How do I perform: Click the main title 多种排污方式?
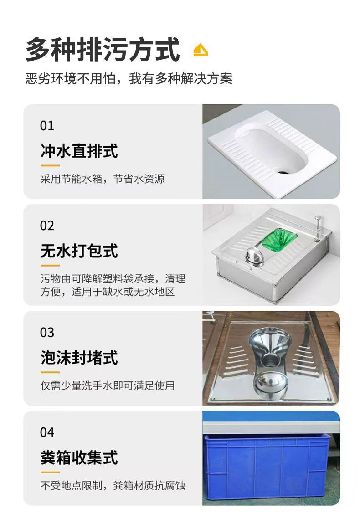point(103,50)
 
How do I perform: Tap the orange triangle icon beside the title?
point(201,50)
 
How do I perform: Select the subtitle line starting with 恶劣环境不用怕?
point(129,79)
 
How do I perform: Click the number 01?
point(47,126)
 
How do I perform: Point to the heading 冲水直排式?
point(79,151)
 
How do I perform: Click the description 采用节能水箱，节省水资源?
point(103,179)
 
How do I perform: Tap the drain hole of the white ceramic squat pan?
point(284,172)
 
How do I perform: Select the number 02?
point(47,226)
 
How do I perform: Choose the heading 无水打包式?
point(79,251)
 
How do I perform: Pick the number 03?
point(47,333)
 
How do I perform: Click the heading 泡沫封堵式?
point(79,358)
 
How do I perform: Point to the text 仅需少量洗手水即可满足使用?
point(108,385)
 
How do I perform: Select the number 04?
point(47,432)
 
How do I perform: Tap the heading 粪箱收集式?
point(79,458)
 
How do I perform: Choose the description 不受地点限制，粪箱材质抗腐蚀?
point(113,485)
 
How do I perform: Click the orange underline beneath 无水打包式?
point(50,266)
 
